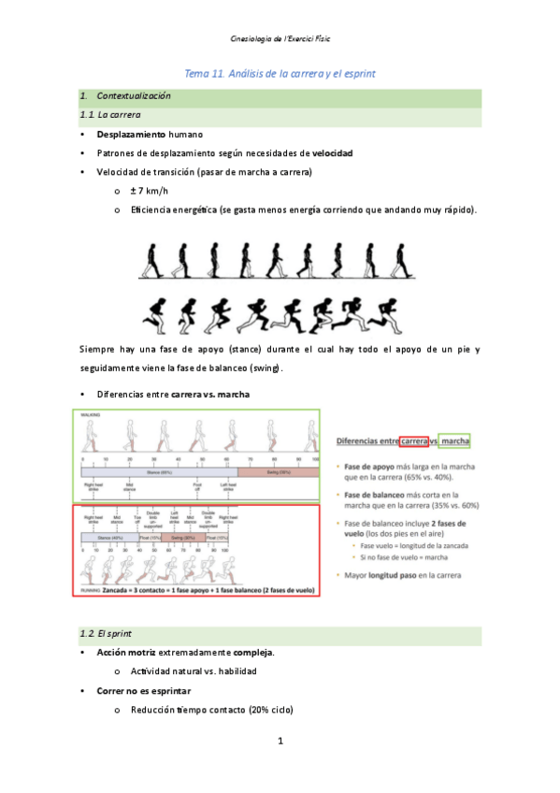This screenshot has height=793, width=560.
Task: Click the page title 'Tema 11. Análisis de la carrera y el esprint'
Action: [x=280, y=73]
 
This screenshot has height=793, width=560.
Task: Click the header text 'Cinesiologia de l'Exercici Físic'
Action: [x=280, y=38]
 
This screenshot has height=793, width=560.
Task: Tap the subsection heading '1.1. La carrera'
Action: [x=111, y=115]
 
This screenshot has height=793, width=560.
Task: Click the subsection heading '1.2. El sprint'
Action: [x=108, y=635]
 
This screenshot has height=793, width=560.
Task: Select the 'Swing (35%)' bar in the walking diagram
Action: [x=278, y=473]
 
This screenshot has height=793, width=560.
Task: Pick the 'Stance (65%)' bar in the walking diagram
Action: [x=159, y=473]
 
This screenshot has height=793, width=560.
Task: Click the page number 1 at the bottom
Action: [x=280, y=742]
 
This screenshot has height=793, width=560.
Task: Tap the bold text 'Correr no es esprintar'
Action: [x=143, y=691]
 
